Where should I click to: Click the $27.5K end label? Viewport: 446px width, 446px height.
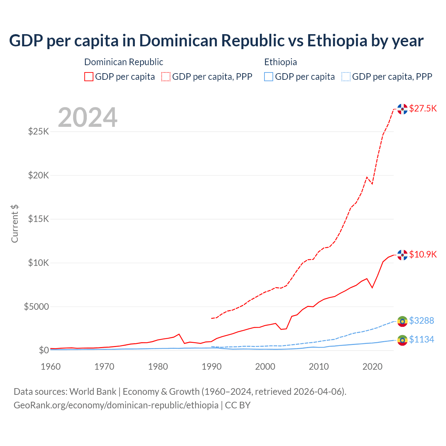point(423,108)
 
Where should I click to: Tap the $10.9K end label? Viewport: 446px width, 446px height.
point(423,254)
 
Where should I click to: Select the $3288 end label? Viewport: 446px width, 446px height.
point(421,321)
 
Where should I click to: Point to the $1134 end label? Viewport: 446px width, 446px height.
point(421,339)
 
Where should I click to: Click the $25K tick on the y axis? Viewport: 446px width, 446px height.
point(38,132)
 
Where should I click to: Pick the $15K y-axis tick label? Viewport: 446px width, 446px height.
point(38,219)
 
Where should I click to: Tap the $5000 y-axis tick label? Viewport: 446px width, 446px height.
point(36,307)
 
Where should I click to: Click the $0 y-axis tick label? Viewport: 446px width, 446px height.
point(44,350)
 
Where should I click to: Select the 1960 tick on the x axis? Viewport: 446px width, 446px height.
point(51,367)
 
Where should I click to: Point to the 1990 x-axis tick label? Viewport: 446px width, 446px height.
point(212,367)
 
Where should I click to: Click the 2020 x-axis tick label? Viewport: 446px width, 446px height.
point(372,367)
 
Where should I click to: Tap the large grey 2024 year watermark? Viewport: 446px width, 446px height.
point(87,117)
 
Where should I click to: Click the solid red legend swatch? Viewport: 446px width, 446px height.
point(89,77)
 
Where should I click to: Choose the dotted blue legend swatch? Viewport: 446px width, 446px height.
point(346,77)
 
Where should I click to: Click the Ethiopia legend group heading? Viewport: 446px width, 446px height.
point(280,62)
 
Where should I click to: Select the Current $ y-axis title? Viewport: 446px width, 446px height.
point(15,223)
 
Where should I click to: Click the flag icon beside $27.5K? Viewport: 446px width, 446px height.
point(402,109)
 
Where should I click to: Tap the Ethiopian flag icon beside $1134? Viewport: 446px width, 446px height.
point(402,340)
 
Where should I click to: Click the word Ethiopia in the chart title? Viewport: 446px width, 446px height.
point(337,40)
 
